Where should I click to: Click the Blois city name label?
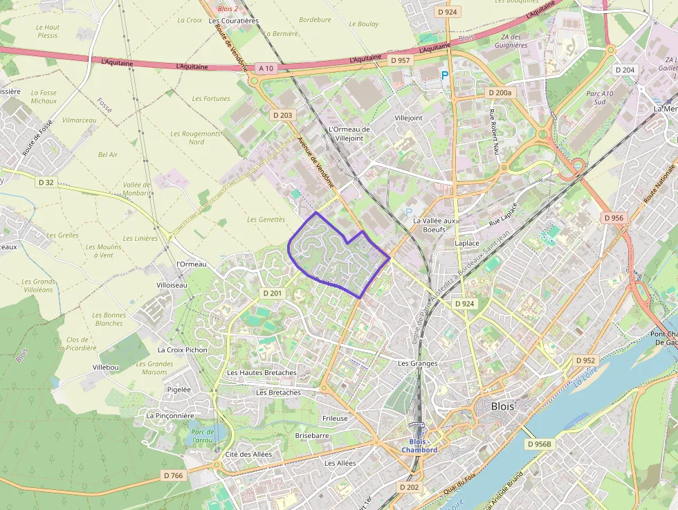coord(502,406)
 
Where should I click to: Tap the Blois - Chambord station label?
coord(419,446)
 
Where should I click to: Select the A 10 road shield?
coord(266,69)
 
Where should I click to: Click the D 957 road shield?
coord(400,61)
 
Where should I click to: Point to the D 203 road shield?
coord(282,115)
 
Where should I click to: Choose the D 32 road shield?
coord(46,182)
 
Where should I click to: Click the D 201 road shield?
coord(273,293)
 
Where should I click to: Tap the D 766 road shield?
coord(174,475)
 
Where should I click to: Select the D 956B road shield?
coord(540,444)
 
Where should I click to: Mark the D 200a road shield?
coord(500,92)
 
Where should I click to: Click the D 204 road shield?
coord(625,70)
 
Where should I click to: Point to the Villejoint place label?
coord(408,118)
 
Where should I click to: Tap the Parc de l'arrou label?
coord(202,435)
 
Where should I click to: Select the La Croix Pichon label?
coord(183,350)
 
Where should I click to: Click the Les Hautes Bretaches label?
coord(262,373)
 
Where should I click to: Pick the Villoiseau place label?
coord(172,285)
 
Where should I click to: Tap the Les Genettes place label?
coord(266,219)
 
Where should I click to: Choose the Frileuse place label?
coord(335,419)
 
